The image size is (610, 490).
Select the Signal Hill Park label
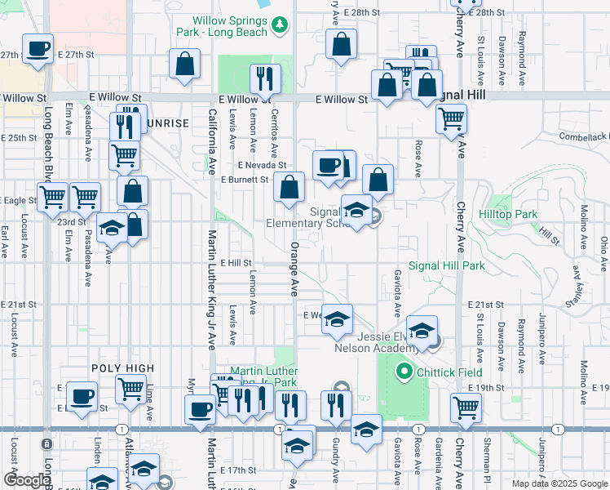(446, 265)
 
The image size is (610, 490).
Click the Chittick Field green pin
(402, 373)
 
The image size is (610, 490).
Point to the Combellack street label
(583, 136)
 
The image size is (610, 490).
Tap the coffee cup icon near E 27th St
(38, 49)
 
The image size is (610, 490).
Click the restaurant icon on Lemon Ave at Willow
(264, 78)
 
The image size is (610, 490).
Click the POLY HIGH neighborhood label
(122, 369)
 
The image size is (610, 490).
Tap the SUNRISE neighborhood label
(168, 123)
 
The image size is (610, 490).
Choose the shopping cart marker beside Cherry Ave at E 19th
(465, 406)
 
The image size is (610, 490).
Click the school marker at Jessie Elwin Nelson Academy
(422, 331)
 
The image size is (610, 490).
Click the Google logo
(27, 480)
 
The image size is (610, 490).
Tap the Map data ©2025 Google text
(559, 483)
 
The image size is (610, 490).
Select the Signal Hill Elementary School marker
(356, 210)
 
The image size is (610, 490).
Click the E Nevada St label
(261, 164)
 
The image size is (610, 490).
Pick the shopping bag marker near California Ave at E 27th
(185, 64)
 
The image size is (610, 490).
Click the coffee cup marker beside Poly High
(81, 397)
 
